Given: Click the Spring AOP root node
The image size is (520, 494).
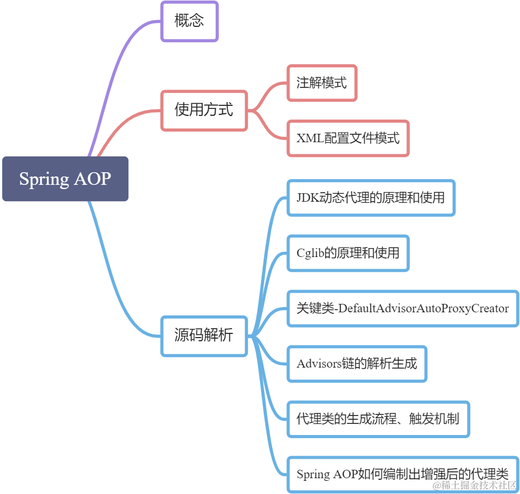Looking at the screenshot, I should (x=65, y=179).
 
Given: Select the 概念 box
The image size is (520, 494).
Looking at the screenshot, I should (x=189, y=22).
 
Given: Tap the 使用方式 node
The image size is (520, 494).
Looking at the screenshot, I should (x=204, y=110).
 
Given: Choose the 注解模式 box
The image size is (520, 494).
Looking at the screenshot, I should (x=322, y=83).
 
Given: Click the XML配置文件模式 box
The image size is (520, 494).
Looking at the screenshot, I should (x=348, y=139).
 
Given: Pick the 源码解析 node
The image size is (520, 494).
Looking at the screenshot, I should (x=204, y=336).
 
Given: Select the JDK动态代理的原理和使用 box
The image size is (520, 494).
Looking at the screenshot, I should (x=371, y=198).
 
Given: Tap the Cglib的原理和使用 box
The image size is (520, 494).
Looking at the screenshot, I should (x=348, y=253).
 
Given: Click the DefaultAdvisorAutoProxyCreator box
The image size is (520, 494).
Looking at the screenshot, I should (x=403, y=308).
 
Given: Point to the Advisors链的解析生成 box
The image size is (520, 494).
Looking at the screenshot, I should (x=357, y=363).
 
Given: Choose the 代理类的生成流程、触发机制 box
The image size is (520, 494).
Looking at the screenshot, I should (x=378, y=419).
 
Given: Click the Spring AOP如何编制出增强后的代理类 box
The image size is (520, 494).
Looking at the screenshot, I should (x=403, y=473).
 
